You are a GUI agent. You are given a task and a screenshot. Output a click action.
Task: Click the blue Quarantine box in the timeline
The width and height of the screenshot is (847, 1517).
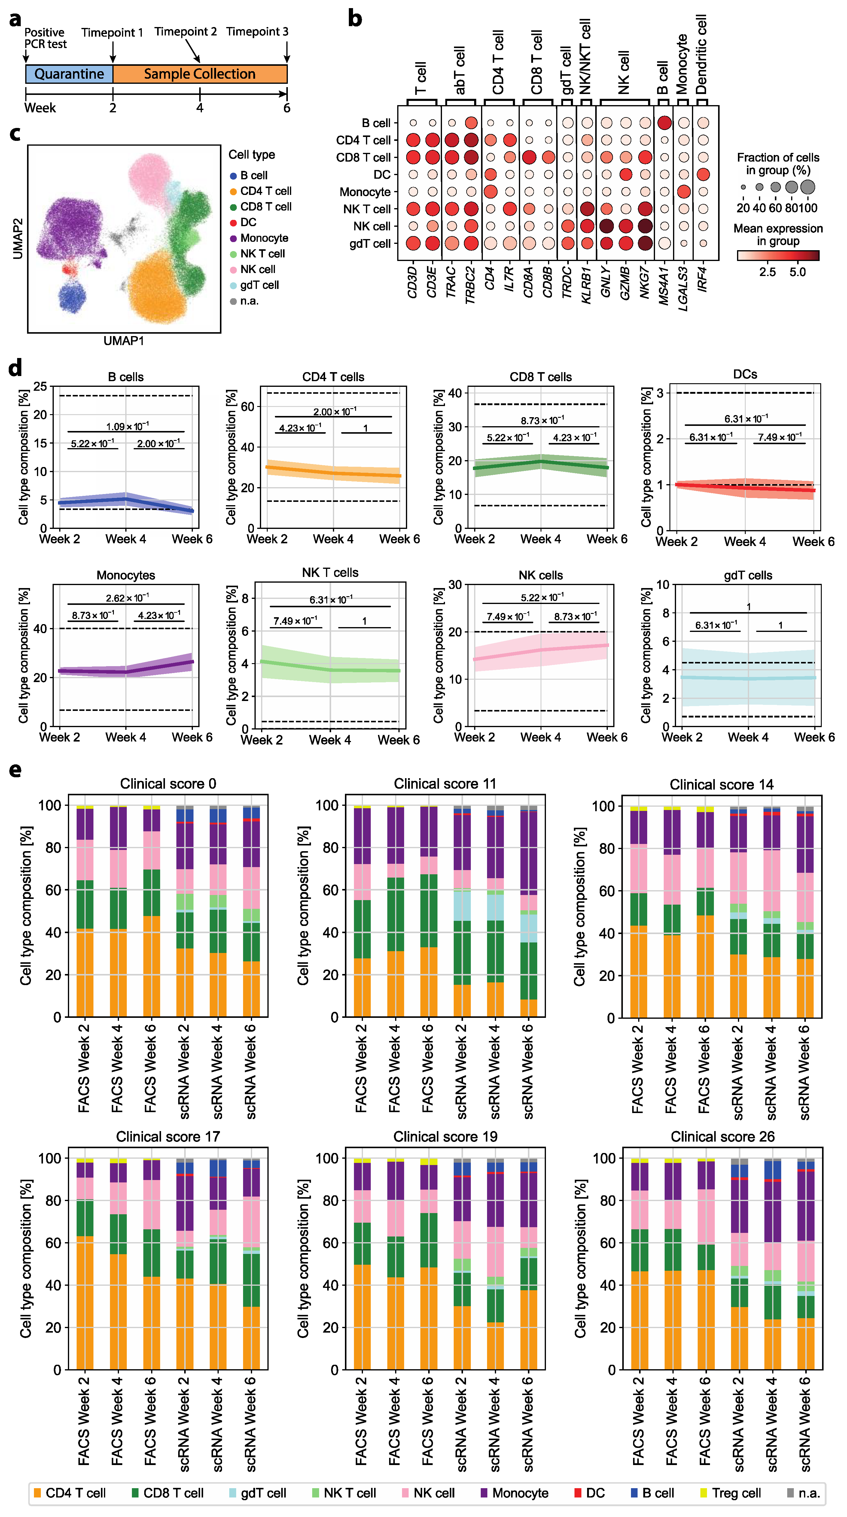point(69,74)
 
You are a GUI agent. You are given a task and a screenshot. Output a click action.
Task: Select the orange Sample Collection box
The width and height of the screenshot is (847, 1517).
point(200,74)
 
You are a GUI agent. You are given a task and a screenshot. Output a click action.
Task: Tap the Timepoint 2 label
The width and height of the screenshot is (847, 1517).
point(186,32)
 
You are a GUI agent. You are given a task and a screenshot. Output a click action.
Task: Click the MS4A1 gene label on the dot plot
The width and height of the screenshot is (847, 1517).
point(664,286)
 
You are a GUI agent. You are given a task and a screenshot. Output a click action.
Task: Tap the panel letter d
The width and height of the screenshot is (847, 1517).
point(15,368)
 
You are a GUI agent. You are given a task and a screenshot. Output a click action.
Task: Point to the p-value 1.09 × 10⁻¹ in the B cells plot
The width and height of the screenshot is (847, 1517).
point(127,426)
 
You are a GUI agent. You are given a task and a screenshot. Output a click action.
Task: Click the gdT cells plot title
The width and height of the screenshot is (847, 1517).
point(748,575)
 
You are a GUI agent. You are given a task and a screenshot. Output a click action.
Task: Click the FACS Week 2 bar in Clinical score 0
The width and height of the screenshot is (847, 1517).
point(85,911)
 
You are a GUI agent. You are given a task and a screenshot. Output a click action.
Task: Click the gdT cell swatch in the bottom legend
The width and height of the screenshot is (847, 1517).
point(233,1493)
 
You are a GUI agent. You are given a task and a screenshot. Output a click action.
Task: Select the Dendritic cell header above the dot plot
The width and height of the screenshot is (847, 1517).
point(701,54)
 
